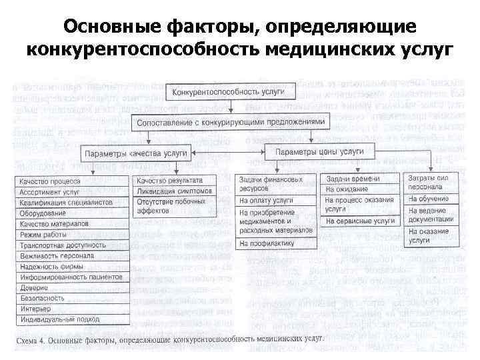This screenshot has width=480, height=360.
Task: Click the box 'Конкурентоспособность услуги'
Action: pos(231,91)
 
